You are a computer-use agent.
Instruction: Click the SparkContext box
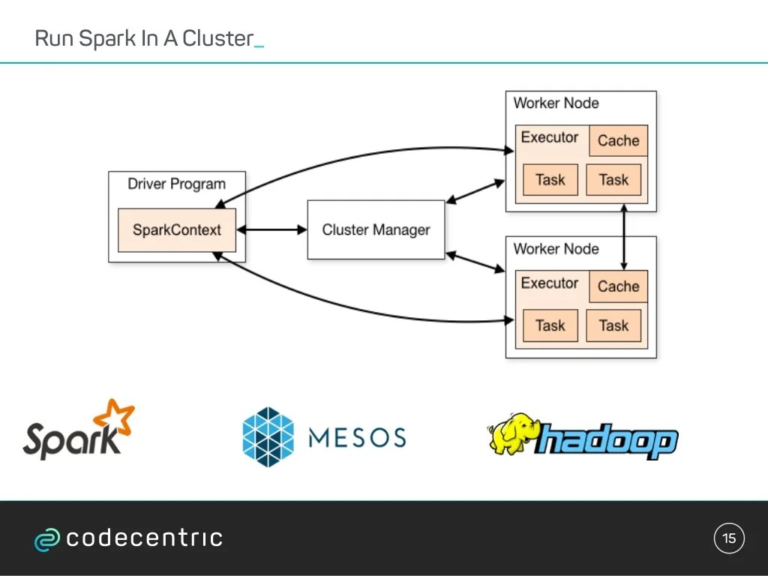tap(177, 230)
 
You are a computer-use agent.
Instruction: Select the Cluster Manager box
tap(376, 230)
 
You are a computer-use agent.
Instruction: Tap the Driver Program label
tap(176, 184)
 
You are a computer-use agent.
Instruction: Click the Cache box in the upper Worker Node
tap(618, 140)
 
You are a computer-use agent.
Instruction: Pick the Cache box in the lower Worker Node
tap(618, 286)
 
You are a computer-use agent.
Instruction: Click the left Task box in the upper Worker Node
tap(550, 180)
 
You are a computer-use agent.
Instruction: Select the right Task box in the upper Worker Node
tap(613, 180)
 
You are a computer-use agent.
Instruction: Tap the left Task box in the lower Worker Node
tap(550, 325)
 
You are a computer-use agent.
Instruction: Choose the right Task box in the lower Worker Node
tap(613, 325)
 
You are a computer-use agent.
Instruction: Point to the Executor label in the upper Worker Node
tap(550, 137)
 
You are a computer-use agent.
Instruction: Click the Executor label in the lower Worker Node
tap(550, 283)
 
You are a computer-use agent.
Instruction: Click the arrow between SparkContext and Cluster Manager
tap(271, 230)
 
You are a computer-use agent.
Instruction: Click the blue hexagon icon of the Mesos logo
tap(268, 436)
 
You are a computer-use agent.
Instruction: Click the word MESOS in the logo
tap(357, 437)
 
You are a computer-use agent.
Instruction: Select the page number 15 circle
tap(729, 538)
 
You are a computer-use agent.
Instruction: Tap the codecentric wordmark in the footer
tap(144, 538)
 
